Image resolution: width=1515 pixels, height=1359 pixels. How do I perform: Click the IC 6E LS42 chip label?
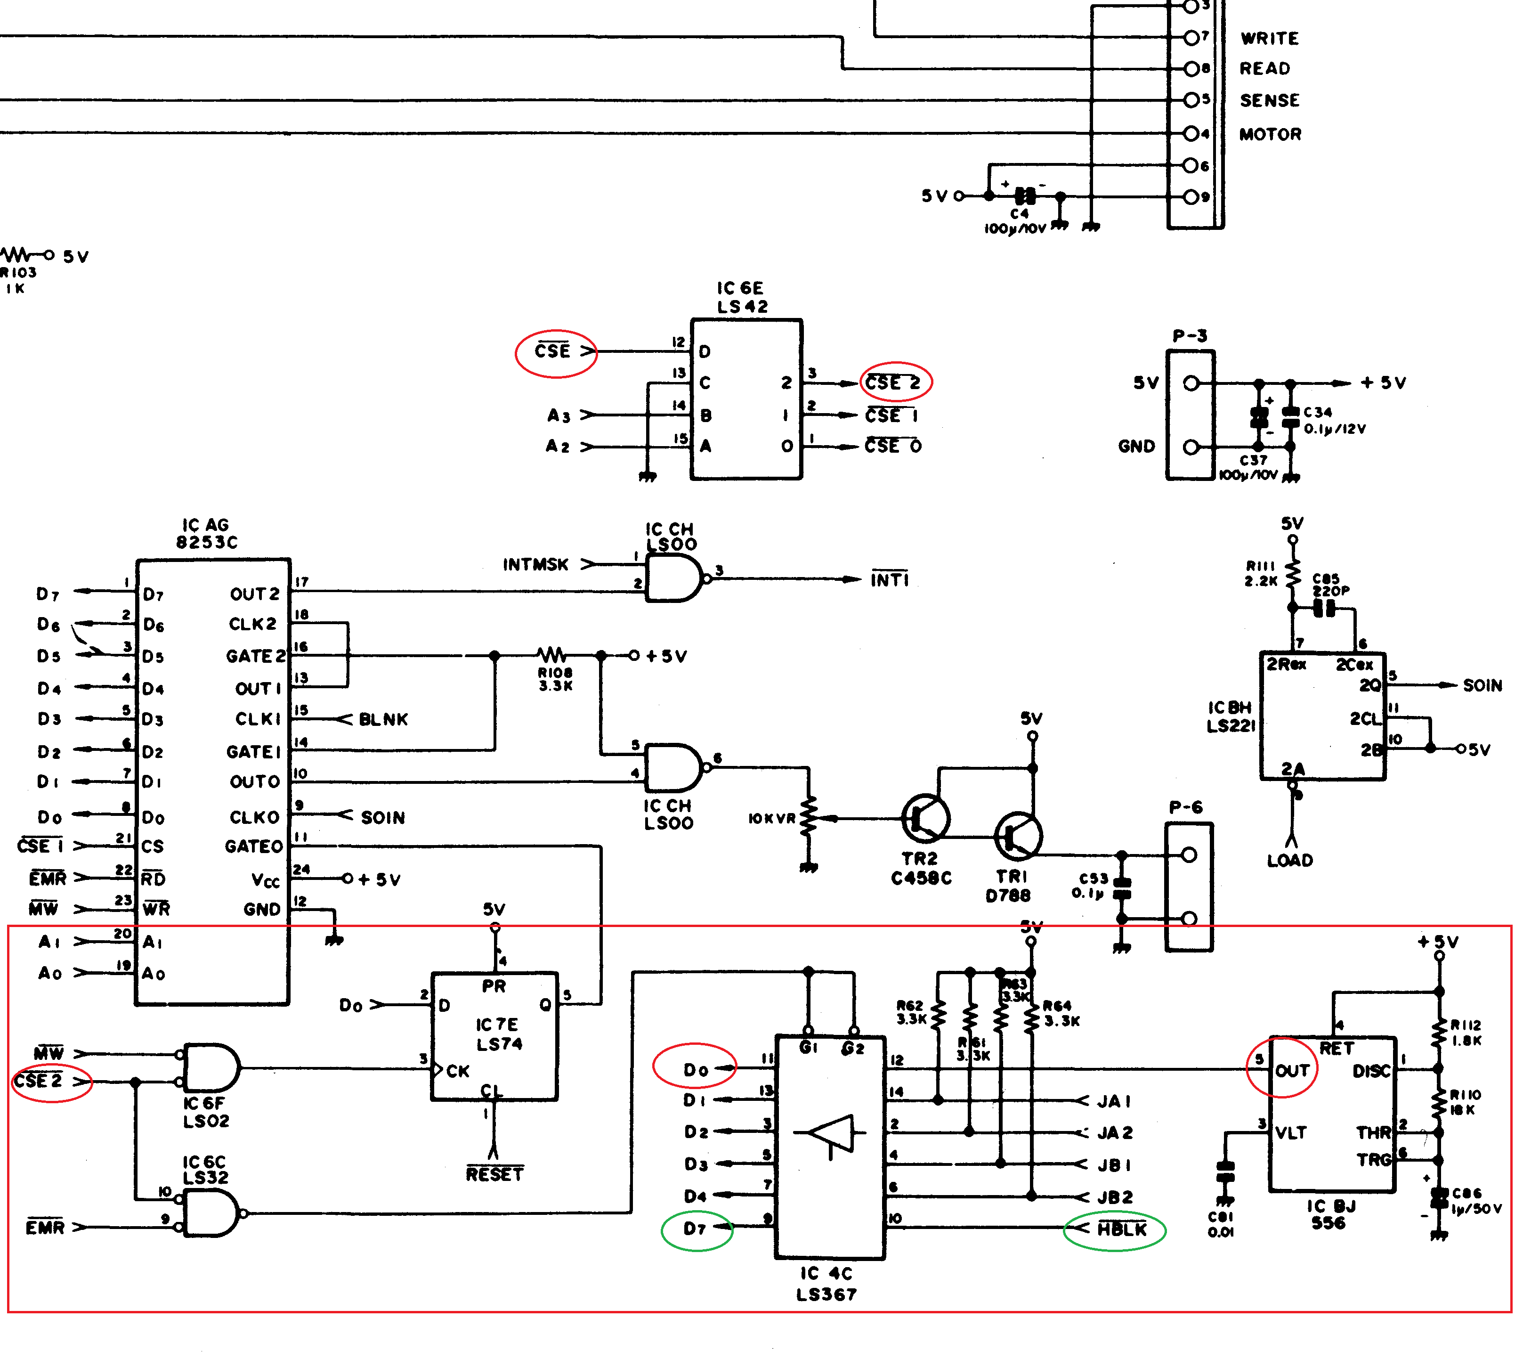[741, 297]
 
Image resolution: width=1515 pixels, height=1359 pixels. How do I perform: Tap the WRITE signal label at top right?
[1269, 38]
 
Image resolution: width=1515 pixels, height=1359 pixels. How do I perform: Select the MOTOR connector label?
[1270, 134]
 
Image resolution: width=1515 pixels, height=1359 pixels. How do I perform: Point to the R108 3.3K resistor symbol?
[552, 656]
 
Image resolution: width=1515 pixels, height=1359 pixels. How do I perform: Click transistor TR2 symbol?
[925, 818]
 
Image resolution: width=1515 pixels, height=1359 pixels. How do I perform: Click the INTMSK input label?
[535, 564]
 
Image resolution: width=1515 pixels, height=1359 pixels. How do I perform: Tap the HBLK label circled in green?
[1121, 1229]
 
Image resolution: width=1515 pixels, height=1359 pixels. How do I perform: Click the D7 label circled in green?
[695, 1229]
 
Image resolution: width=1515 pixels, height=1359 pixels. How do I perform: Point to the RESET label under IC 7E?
[494, 1174]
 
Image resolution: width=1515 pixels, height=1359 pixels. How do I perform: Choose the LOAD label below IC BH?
[1289, 860]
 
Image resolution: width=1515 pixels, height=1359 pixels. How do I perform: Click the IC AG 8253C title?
[206, 533]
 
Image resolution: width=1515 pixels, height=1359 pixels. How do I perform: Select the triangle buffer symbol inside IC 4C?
[831, 1133]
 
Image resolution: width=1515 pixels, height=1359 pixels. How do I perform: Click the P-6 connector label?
[1186, 807]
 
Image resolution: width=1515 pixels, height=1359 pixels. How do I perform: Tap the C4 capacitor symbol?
[1025, 196]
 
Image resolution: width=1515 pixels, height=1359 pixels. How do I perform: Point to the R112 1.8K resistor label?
[1465, 1033]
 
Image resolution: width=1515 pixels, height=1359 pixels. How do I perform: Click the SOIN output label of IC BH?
[1482, 685]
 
